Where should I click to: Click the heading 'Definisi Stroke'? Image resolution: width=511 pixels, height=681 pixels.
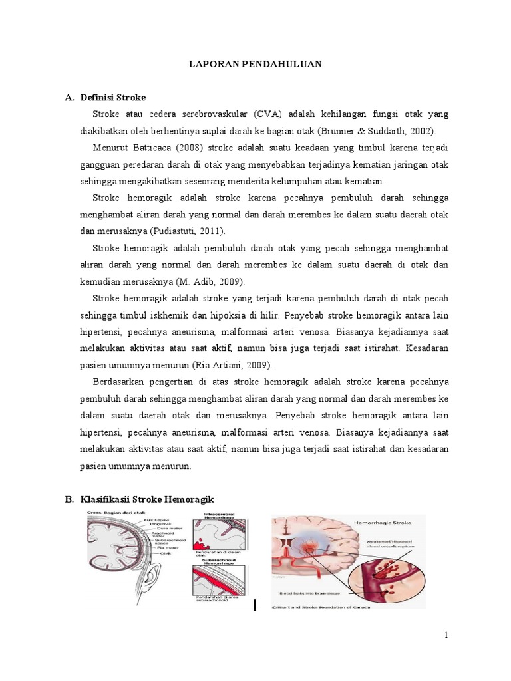pos(113,98)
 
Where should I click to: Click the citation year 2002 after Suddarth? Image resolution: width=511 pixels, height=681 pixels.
pos(421,131)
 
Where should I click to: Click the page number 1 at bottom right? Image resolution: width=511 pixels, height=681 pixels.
pos(446,635)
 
